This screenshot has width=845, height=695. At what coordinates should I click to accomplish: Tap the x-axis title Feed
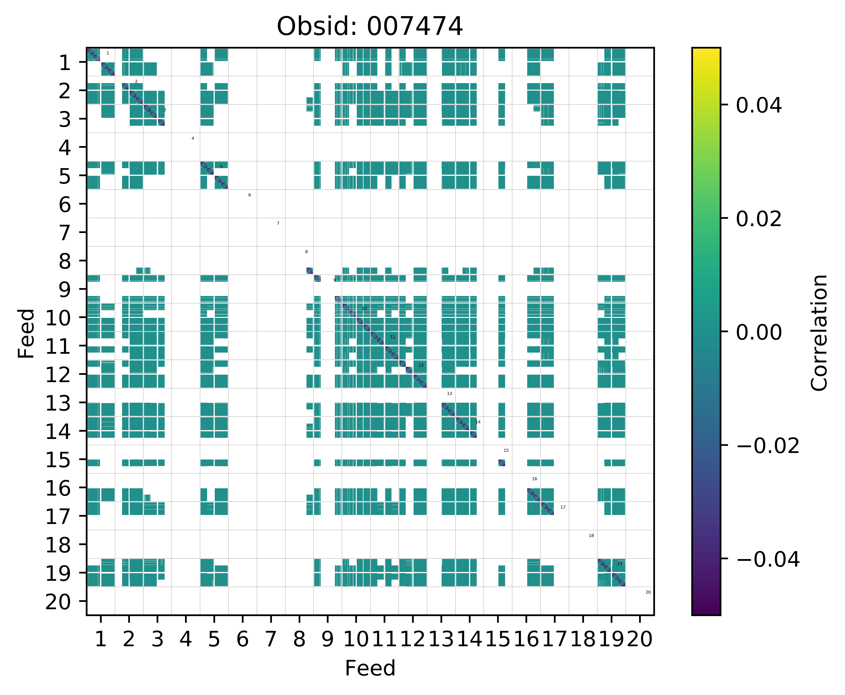tap(370, 668)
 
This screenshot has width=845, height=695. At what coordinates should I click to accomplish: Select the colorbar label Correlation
tap(819, 332)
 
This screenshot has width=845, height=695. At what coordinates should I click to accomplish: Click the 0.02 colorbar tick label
tap(758, 219)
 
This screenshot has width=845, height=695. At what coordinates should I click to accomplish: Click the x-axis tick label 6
tap(242, 639)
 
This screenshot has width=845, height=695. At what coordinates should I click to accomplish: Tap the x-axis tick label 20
tap(640, 639)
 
